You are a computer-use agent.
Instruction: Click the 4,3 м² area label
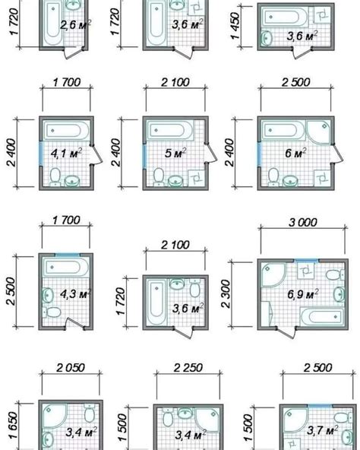click(69, 293)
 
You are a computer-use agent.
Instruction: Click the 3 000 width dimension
click(300, 223)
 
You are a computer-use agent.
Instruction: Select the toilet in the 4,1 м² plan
click(53, 178)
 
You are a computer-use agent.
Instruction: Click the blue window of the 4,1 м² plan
click(38, 154)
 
